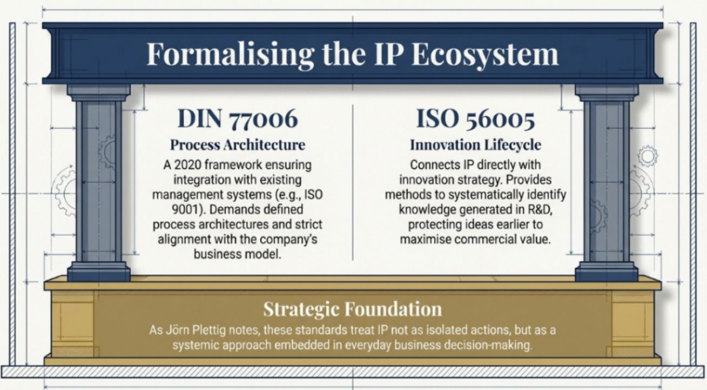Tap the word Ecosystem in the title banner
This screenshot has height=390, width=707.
point(486,54)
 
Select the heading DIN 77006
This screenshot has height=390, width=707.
point(238,118)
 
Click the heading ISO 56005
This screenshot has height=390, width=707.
point(475,118)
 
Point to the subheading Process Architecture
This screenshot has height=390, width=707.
point(238,145)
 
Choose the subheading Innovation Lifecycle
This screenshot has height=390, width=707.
point(475,145)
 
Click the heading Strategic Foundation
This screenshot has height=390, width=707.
point(353,309)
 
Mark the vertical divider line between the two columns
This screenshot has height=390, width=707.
point(353,182)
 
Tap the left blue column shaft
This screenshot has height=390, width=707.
point(99,182)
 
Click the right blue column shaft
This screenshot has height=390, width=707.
point(607,182)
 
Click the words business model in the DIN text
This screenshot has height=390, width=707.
point(237,254)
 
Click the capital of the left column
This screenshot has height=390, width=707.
point(99,92)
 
